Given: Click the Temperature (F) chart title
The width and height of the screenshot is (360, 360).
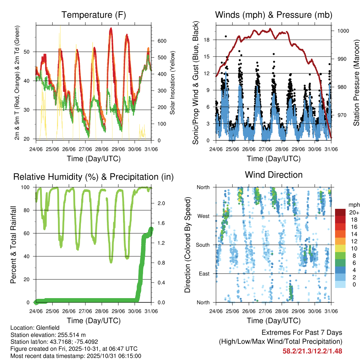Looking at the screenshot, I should click(93, 15).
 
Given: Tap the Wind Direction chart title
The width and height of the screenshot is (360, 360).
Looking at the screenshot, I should click(274, 175).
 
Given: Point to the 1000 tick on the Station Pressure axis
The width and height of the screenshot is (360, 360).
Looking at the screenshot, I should click(343, 31).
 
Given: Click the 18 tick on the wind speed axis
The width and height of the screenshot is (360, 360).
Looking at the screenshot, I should click(206, 40).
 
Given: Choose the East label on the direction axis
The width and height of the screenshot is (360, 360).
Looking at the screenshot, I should click(203, 274).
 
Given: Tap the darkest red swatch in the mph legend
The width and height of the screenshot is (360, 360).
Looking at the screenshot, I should click(340, 212).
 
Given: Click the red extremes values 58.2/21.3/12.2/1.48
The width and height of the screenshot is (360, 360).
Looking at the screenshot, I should click(312, 351).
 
